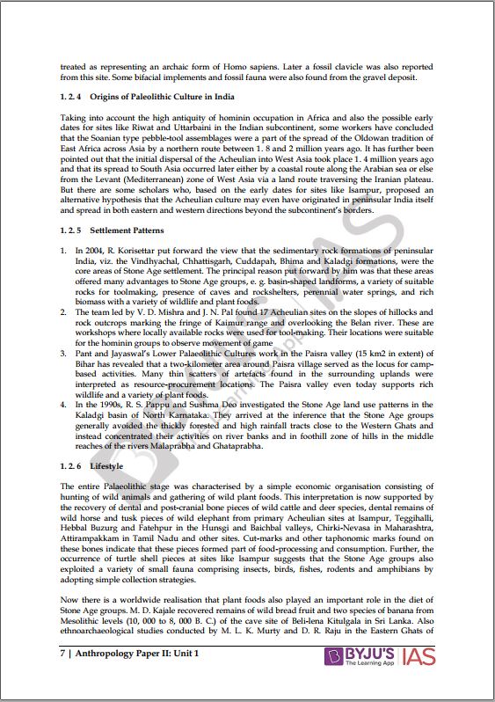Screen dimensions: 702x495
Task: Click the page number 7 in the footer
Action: click(62, 679)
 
